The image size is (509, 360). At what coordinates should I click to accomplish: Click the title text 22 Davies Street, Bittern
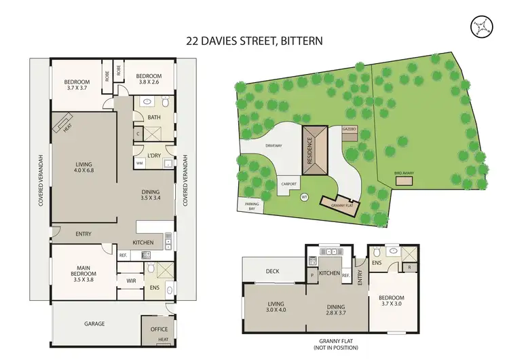(254, 40)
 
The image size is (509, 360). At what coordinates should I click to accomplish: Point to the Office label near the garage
(158, 329)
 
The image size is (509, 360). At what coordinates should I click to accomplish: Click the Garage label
(94, 323)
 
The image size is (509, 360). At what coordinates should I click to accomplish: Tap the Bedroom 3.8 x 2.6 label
(149, 79)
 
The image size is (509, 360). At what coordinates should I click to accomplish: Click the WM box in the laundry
(140, 163)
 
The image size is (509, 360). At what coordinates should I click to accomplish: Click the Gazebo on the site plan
(350, 132)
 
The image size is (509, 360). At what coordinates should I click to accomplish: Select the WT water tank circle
(305, 198)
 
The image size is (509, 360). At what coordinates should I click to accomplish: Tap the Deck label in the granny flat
(272, 271)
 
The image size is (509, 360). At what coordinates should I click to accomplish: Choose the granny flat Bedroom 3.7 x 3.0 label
(391, 301)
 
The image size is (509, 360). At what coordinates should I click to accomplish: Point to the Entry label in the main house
(83, 234)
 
